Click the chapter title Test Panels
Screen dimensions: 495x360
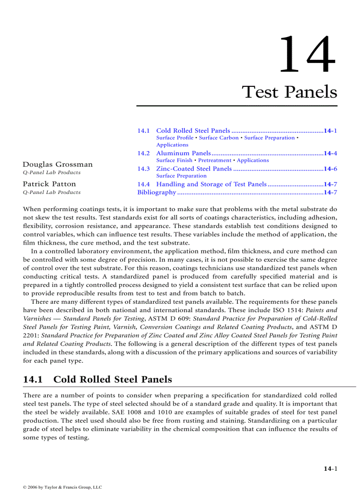pos(289,92)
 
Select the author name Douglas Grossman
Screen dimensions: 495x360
pos(58,164)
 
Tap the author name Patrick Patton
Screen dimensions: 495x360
pos(49,184)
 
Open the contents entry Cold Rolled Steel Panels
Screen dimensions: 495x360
pos(193,130)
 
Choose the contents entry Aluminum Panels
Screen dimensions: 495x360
pos(184,153)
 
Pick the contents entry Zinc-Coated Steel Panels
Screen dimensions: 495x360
pos(194,168)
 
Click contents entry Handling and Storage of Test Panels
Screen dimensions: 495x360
pos(211,184)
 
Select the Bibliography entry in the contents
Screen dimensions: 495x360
pos(157,192)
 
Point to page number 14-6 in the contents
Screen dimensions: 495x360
pos(330,168)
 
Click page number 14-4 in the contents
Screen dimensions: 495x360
pos(330,153)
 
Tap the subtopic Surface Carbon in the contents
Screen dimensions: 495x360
pos(219,138)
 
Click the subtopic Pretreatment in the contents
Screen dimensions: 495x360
pos(214,160)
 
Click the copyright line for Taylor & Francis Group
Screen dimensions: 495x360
pos(62,487)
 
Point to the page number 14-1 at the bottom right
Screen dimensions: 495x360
pos(330,469)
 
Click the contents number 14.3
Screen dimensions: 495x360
pos(143,168)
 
